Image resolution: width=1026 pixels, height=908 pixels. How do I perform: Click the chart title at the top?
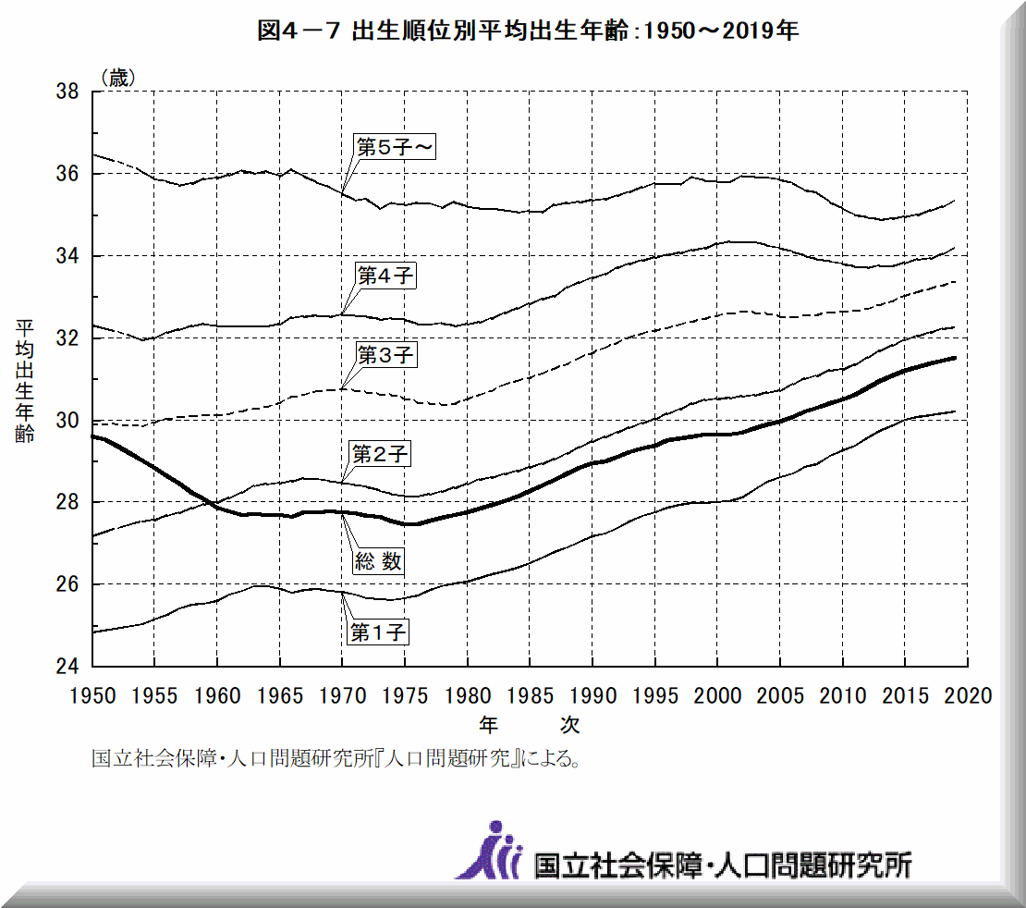click(528, 31)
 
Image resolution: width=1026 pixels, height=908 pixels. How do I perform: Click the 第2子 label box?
click(380, 454)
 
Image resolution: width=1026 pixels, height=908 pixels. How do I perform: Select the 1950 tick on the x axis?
click(94, 694)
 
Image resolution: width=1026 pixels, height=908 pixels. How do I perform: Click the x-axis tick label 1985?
click(531, 694)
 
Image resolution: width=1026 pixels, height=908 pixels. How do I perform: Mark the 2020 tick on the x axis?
click(969, 694)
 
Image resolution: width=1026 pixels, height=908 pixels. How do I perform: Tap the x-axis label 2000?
click(718, 694)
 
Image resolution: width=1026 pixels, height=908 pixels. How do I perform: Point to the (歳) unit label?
click(117, 78)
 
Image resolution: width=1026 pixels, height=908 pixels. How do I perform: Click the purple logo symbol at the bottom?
click(490, 850)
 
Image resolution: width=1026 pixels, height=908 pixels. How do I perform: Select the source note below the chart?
click(336, 760)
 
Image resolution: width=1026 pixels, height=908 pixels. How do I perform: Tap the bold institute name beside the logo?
click(723, 865)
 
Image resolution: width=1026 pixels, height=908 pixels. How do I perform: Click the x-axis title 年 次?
click(530, 722)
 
